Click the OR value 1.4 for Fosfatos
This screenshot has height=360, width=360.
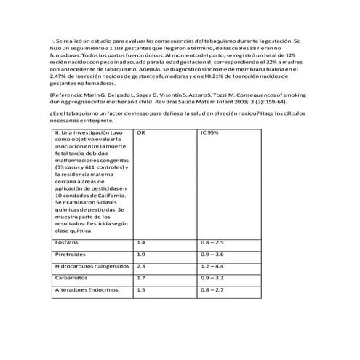141,242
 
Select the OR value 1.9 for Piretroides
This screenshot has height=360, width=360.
141,254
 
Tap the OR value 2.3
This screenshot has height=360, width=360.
141,266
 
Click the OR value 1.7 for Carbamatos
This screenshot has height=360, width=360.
141,278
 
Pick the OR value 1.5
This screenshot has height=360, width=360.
141,289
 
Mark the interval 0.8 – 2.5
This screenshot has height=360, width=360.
212,242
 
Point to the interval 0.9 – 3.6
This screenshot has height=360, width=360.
212,254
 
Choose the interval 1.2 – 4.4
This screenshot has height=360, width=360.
212,266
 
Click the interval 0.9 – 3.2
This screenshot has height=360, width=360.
212,278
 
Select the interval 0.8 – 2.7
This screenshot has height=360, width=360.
212,289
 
